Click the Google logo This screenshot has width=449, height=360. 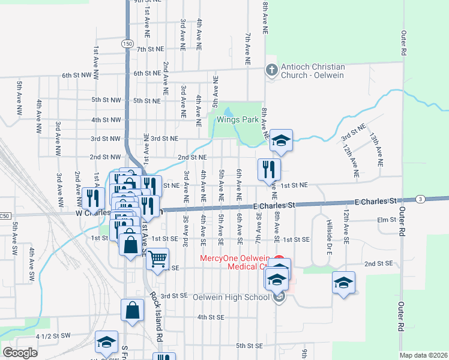(x=20, y=352)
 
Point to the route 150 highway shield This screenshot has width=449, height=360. (x=127, y=44)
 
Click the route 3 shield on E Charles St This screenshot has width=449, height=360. (x=421, y=199)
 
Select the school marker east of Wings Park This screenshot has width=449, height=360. (x=280, y=140)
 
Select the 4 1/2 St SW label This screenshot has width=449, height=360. (x=53, y=336)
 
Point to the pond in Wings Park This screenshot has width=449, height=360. (x=229, y=112)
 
